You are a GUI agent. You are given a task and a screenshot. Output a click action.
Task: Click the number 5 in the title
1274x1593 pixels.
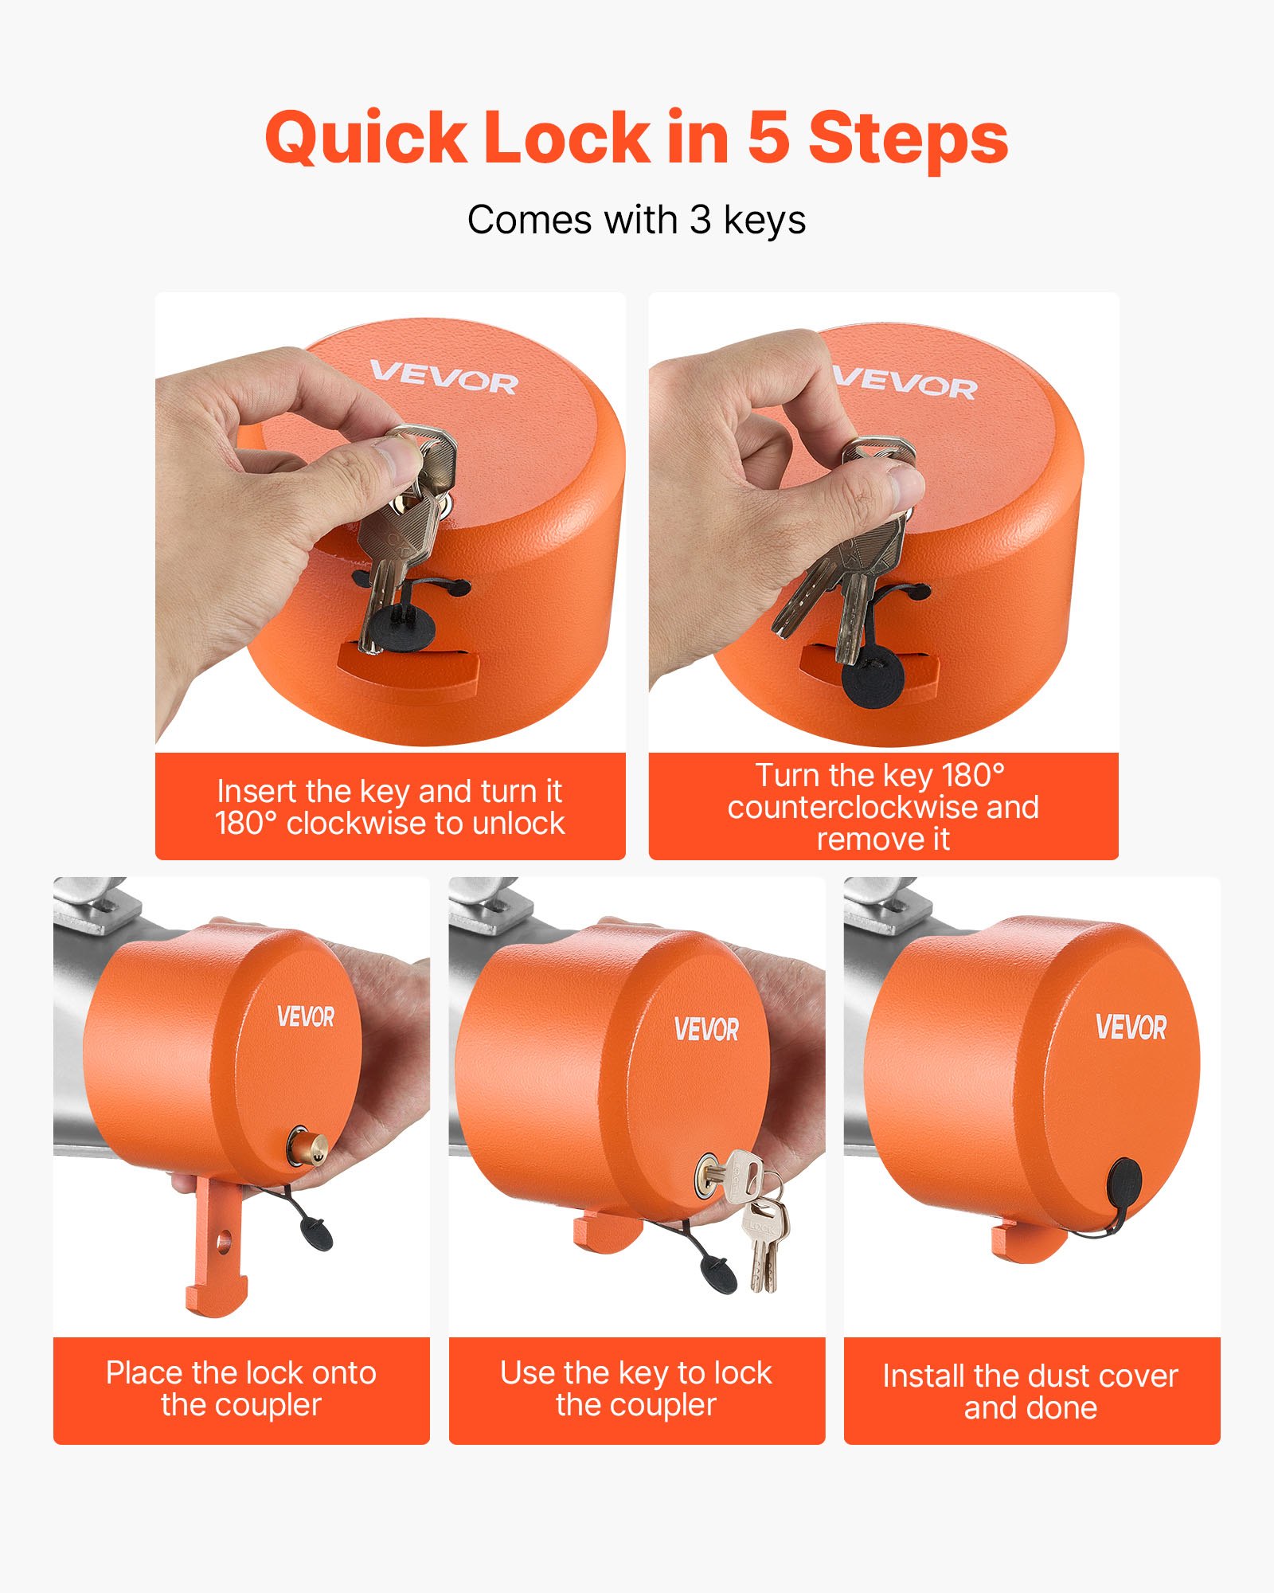click(769, 137)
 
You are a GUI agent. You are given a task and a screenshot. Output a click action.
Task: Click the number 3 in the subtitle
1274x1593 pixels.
click(700, 220)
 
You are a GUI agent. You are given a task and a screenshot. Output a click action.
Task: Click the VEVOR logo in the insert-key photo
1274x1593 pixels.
click(444, 378)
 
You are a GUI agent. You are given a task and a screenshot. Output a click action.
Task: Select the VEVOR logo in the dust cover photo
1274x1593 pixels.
click(1131, 1027)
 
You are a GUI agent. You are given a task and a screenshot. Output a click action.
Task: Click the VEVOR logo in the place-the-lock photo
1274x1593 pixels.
click(306, 1017)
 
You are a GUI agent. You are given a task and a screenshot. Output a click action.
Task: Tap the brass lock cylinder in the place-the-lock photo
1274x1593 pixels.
click(306, 1145)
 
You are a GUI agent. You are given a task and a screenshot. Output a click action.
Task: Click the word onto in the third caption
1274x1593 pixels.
click(344, 1373)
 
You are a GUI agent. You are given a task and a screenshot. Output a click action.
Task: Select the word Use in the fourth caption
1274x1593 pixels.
click(526, 1373)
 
